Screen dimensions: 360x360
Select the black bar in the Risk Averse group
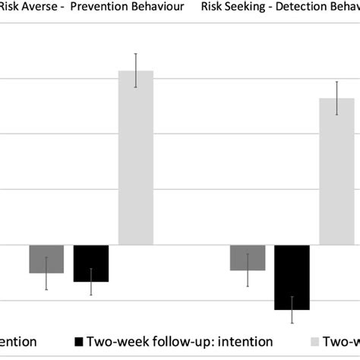point(91,264)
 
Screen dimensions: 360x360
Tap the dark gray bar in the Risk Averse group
point(47,259)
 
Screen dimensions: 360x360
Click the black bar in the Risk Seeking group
point(292,277)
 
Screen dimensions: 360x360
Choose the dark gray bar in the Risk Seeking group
point(248,258)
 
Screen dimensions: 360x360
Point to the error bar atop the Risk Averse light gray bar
point(135,70)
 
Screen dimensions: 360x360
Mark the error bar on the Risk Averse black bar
point(91,282)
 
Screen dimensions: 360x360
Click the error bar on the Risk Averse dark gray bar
point(47,273)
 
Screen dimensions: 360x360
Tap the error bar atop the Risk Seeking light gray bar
point(336,98)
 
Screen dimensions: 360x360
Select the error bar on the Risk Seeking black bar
point(292,309)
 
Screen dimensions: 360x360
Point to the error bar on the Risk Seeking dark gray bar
point(248,270)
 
